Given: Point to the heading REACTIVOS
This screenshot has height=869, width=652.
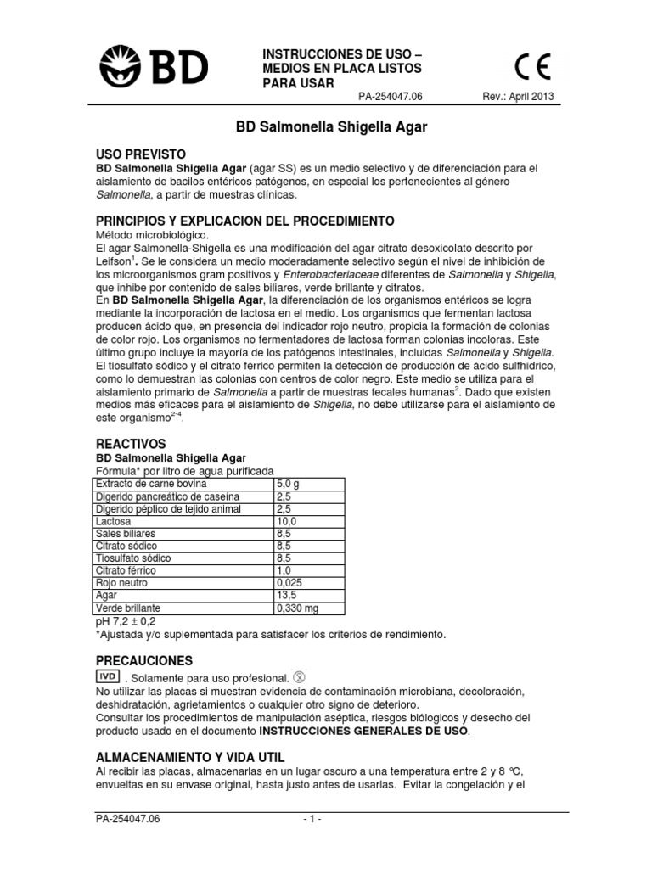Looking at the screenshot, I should [130, 444].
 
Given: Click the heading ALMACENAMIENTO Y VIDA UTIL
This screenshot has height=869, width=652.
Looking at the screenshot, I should [189, 756].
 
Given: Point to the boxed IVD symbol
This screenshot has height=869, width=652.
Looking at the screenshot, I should [107, 676].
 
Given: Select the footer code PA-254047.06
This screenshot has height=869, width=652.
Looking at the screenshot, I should [127, 820].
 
